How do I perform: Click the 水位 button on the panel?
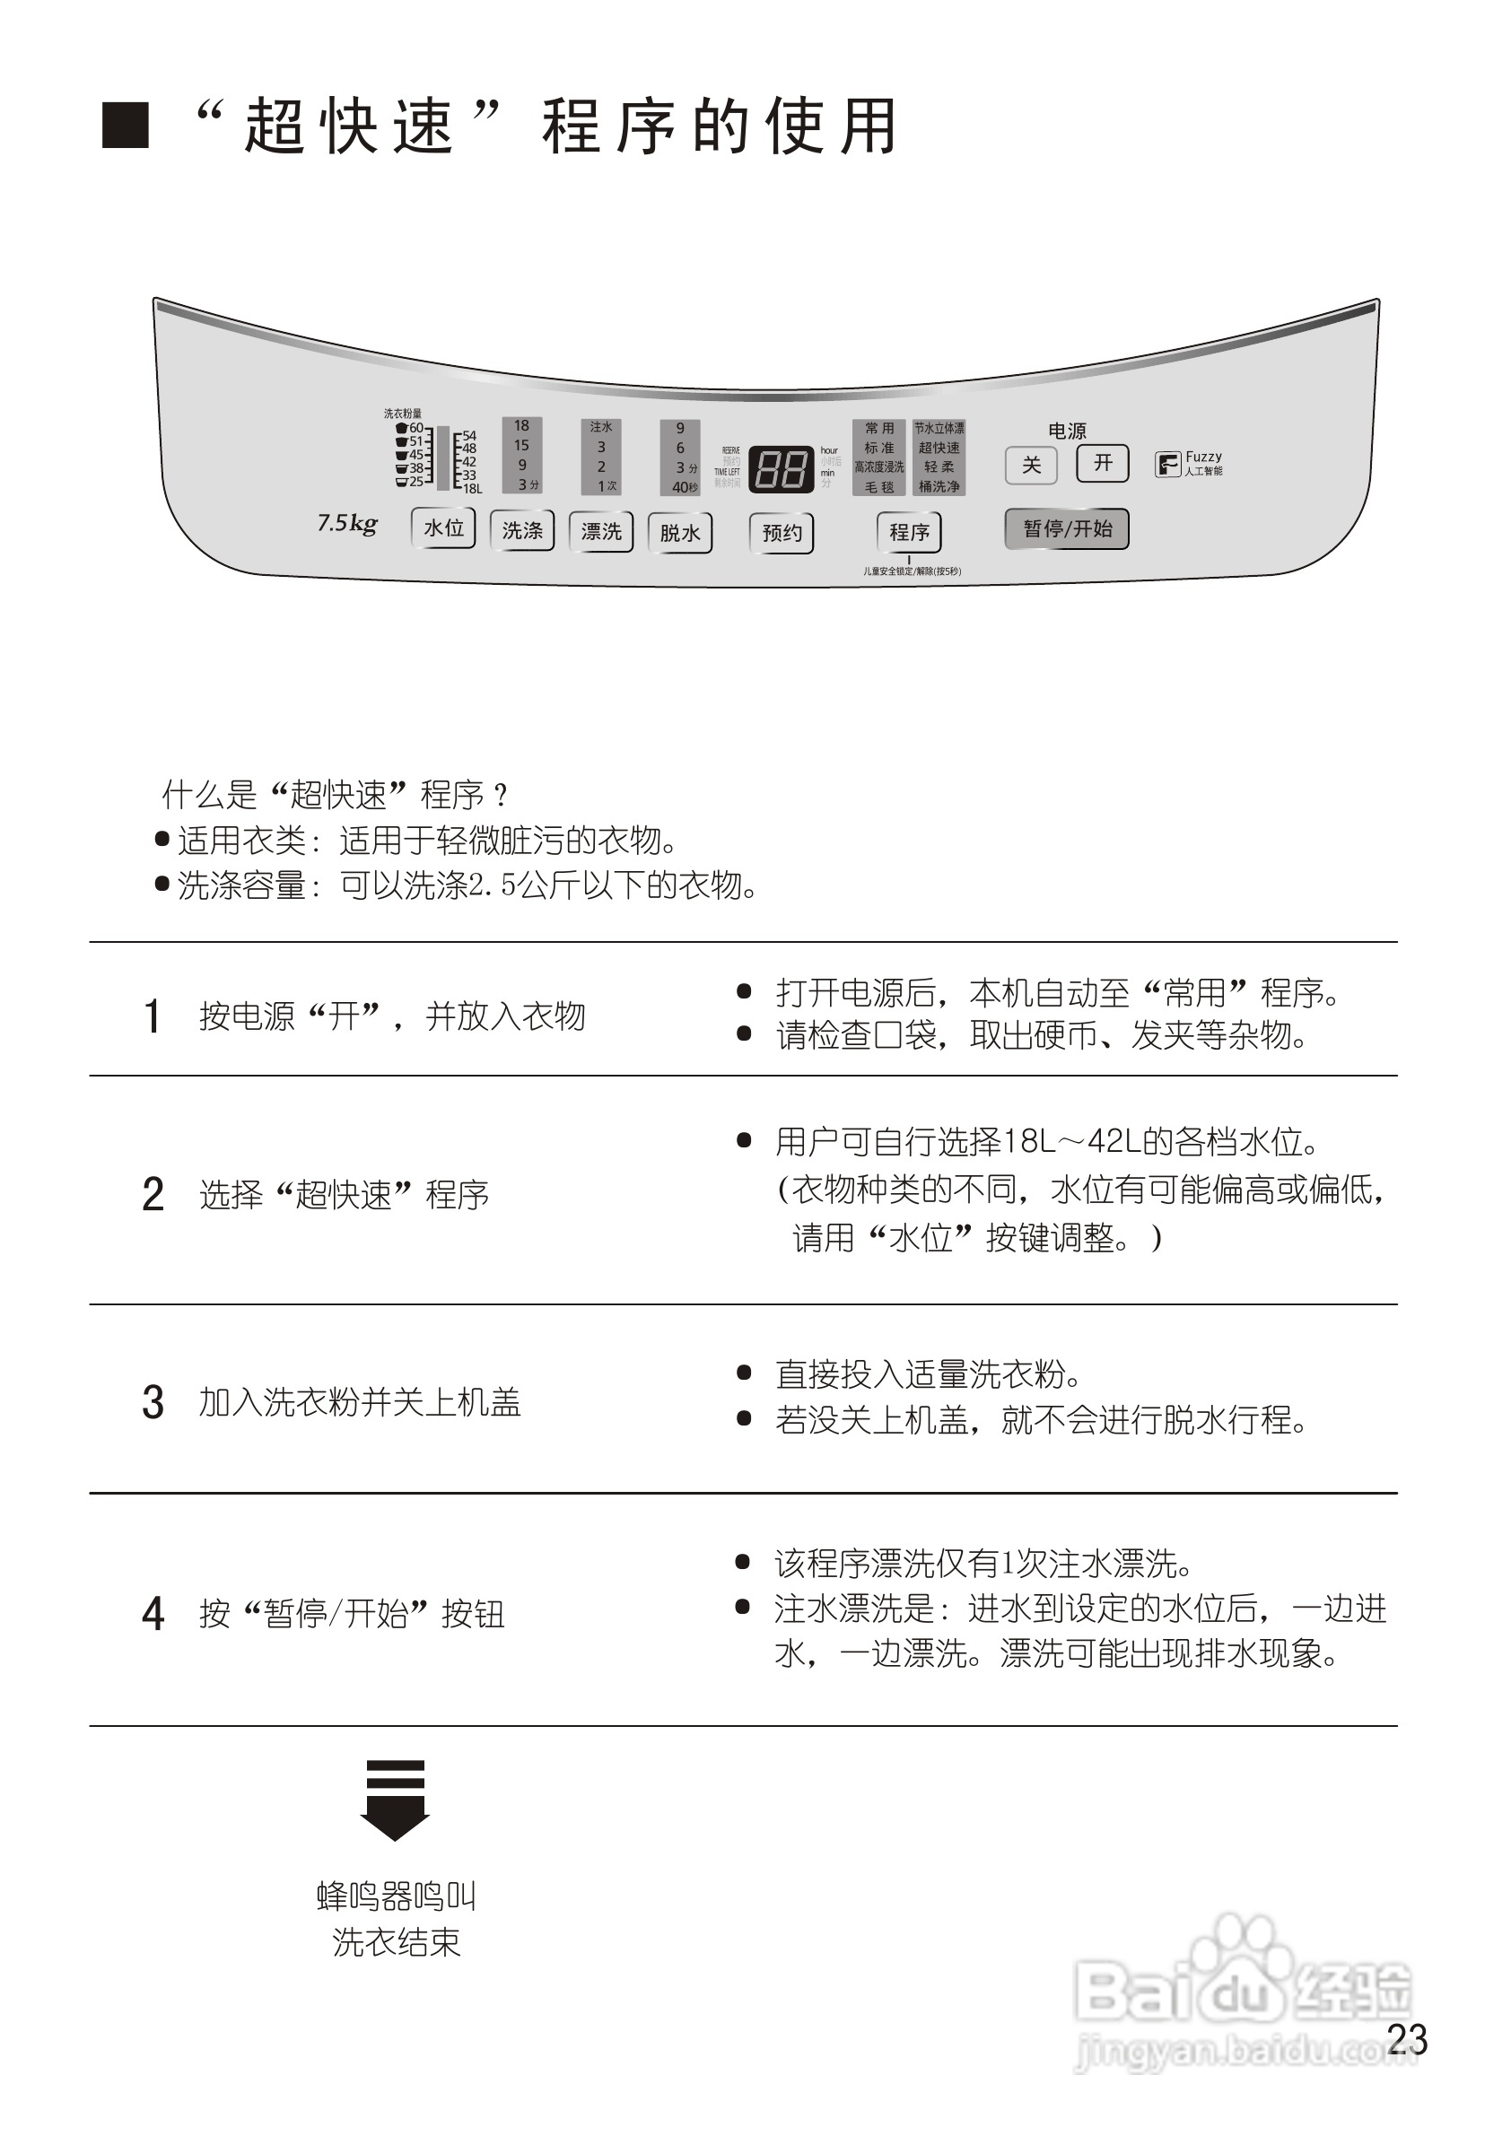(443, 528)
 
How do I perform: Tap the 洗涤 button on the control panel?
(522, 530)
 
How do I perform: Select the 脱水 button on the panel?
(680, 533)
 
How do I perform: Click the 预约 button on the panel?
(782, 533)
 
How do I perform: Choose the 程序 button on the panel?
(909, 532)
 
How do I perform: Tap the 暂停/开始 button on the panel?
(1067, 528)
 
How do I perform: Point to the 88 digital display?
(781, 469)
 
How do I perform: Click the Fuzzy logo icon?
(1167, 463)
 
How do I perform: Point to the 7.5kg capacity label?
(347, 523)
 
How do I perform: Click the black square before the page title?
(126, 126)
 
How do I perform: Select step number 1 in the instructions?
(153, 1016)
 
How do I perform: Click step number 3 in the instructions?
(153, 1402)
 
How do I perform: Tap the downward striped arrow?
(395, 1800)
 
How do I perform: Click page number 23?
(1407, 2039)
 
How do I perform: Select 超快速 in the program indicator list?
(939, 449)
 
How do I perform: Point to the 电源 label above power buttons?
(1067, 431)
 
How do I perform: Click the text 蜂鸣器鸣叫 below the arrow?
(397, 1896)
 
